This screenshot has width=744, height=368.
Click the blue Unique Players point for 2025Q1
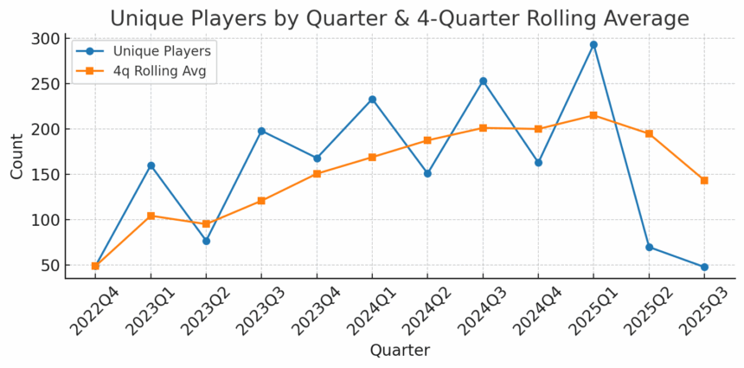coord(593,45)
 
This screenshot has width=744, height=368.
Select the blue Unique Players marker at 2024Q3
coord(483,81)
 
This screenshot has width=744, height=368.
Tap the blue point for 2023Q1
coord(151,165)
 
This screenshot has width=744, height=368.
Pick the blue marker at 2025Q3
coord(704,267)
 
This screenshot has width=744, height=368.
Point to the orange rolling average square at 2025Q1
coord(593,115)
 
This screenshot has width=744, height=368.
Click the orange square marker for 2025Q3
coord(704,180)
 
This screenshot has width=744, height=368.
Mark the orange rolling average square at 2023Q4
coord(317,174)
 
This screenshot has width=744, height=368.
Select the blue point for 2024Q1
coord(372,100)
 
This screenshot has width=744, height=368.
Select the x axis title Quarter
coord(400,351)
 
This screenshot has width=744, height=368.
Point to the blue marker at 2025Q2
coord(649,247)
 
